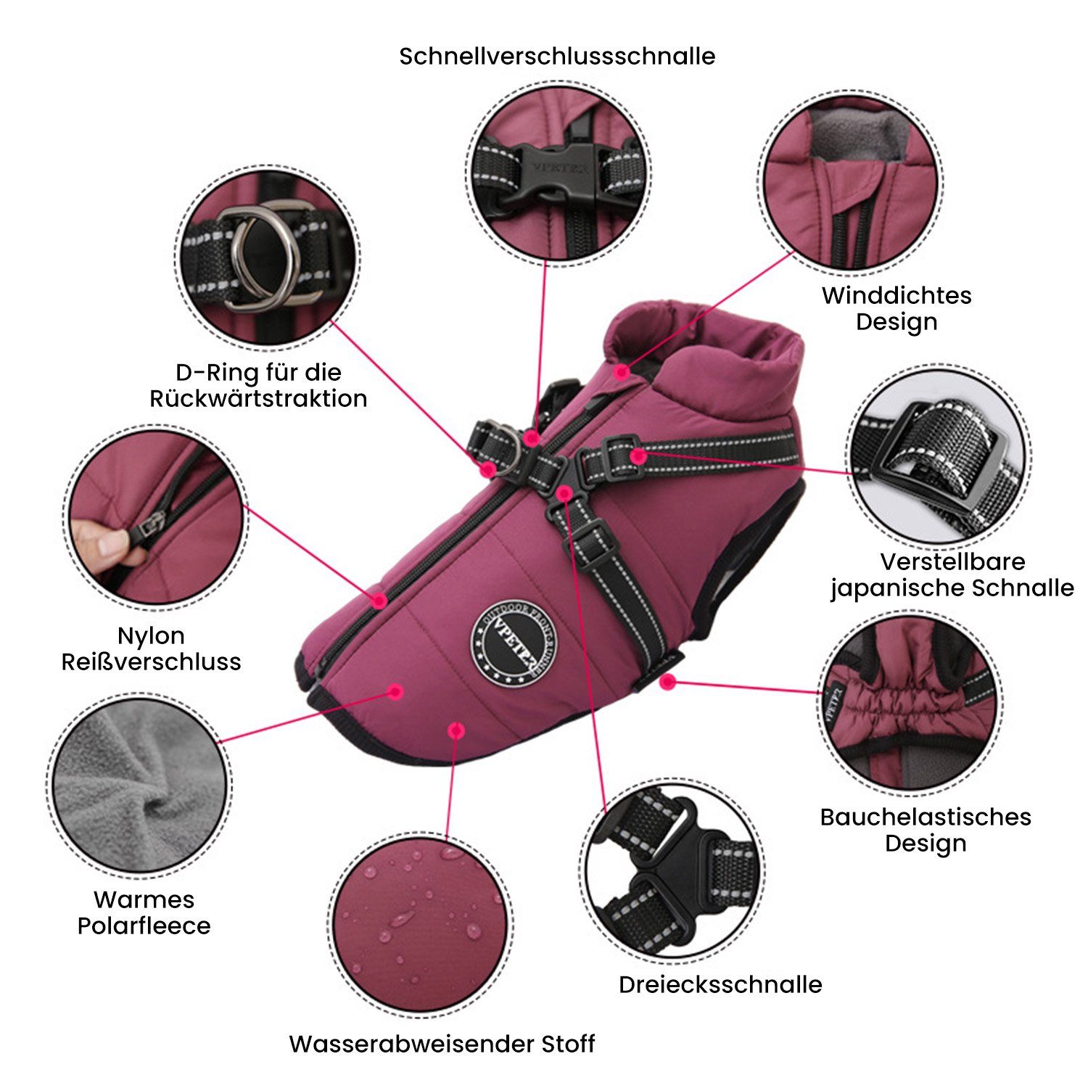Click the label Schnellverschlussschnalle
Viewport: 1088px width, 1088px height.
tap(557, 57)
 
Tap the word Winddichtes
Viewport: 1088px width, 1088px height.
tap(897, 295)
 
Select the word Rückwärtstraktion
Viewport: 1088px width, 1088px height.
tap(258, 398)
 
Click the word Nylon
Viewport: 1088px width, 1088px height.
tap(151, 636)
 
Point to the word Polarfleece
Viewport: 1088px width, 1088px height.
tap(144, 926)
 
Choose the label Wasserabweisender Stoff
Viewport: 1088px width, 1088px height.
tap(442, 1044)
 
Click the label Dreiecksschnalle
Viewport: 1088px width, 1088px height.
tap(720, 984)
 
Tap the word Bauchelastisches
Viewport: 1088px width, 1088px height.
tap(926, 817)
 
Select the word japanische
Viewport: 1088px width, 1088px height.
tap(897, 588)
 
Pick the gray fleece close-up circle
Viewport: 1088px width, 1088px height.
tap(140, 783)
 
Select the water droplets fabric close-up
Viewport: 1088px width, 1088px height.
tap(424, 923)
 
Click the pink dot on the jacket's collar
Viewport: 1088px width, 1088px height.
tap(621, 372)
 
